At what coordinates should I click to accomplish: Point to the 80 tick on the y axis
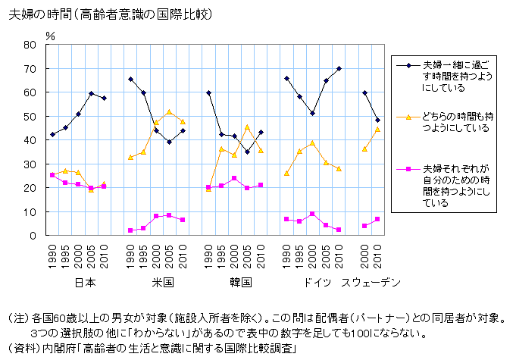click(30, 45)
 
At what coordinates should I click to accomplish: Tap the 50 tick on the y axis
click(30, 116)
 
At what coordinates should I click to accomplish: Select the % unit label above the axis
click(50, 34)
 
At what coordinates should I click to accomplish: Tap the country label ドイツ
click(313, 283)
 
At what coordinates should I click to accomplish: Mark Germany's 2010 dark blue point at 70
click(339, 68)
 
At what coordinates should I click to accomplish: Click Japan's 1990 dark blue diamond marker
click(52, 134)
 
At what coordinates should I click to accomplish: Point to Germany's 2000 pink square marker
click(312, 214)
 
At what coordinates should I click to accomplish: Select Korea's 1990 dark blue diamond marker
click(208, 92)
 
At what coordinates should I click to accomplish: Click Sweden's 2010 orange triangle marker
click(377, 129)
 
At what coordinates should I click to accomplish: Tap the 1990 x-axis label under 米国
click(130, 252)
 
